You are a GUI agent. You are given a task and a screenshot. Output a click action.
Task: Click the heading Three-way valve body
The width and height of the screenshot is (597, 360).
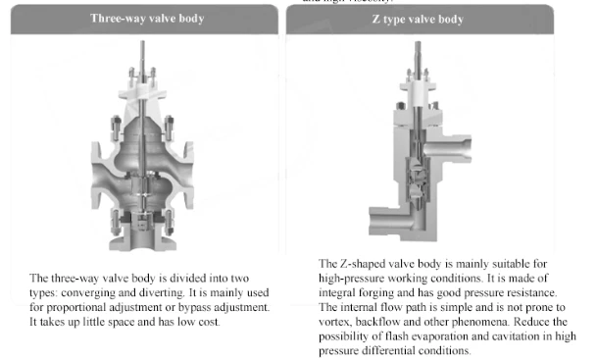tap(147, 19)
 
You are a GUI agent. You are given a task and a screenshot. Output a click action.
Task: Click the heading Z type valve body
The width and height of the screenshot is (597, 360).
tap(418, 19)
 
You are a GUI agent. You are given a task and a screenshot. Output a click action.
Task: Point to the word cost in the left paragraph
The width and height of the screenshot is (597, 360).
tap(209, 323)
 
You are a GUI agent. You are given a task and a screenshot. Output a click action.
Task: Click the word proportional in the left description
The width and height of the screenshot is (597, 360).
tap(76, 307)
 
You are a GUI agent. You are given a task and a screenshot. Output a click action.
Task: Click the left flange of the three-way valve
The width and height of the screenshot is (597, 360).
tap(96, 176)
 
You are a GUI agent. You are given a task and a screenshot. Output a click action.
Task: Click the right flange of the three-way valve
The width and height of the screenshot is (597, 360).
tap(189, 176)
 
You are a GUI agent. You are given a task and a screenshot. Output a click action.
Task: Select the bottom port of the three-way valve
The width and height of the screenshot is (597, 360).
tap(143, 239)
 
